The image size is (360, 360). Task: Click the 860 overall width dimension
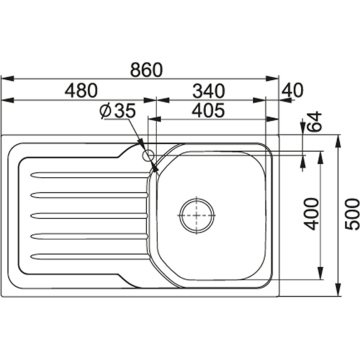(146, 70)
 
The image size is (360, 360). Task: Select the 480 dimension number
(82, 91)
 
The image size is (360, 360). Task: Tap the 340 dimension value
(209, 91)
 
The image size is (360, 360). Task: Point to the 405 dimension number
(209, 111)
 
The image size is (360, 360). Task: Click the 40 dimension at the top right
(292, 90)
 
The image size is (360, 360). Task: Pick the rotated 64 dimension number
(315, 122)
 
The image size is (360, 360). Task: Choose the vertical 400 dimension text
(312, 214)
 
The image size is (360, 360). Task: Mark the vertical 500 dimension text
(352, 214)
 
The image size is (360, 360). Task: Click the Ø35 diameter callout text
(118, 111)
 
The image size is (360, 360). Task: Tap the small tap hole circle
(148, 155)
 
